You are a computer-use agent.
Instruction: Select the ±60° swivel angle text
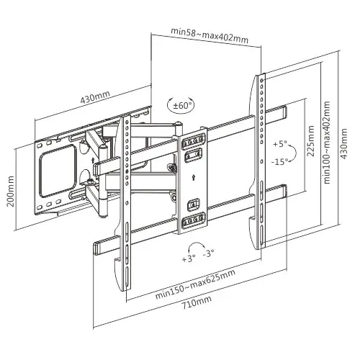coord(184,106)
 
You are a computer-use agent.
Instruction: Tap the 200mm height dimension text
coord(10,192)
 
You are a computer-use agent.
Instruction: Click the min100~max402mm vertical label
coord(328,143)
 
